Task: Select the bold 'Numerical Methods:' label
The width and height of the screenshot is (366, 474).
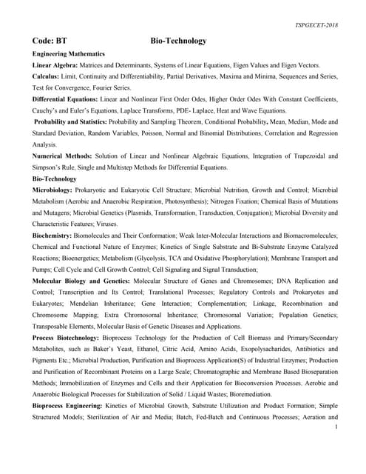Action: pyautogui.click(x=62, y=156)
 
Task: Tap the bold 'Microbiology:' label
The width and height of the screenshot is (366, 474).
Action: pyautogui.click(x=56, y=190)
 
